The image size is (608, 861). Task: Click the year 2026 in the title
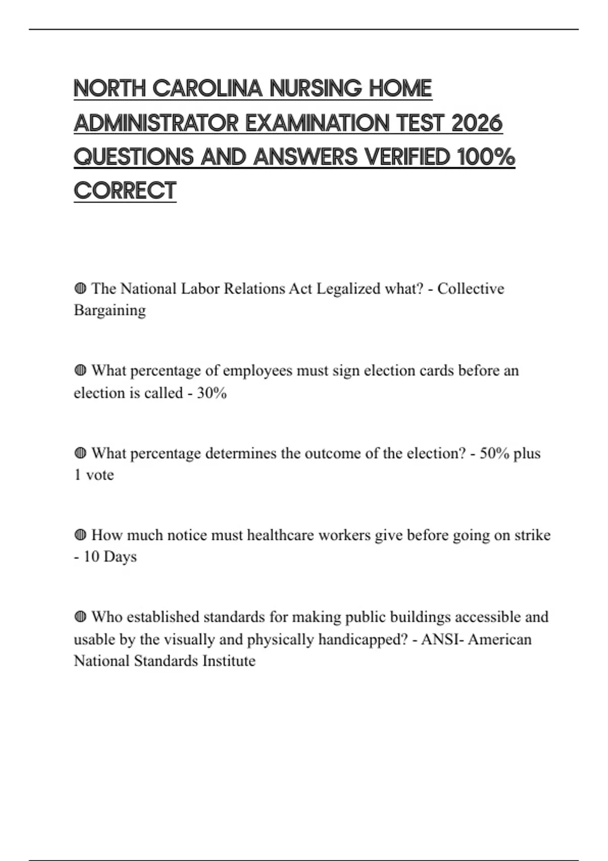[x=476, y=123]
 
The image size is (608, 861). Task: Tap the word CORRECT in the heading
[x=125, y=191]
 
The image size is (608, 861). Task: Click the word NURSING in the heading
[x=315, y=89]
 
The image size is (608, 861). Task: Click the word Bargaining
[x=109, y=310]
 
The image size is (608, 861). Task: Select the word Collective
[x=471, y=289]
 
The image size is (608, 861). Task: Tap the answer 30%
[x=212, y=393]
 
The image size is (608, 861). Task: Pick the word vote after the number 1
[x=100, y=475]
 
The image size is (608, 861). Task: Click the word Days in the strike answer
[x=120, y=557]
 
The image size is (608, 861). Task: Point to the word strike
[x=532, y=535]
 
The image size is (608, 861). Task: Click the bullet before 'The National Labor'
[x=80, y=289]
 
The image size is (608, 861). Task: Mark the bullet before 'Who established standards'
[x=80, y=617]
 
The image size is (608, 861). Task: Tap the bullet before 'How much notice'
[x=80, y=535]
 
